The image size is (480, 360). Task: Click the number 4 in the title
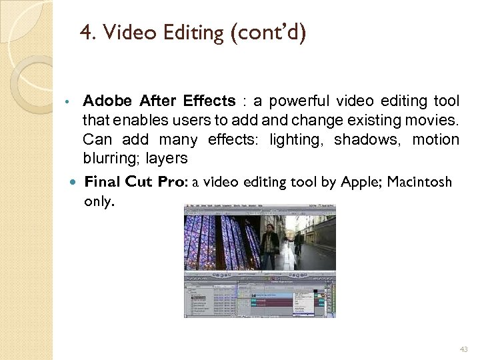coord(85,32)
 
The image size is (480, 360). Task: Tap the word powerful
coord(297,101)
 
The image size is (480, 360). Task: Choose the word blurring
coord(108,159)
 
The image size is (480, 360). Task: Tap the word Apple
coord(361,181)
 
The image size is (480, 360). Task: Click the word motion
coord(435,140)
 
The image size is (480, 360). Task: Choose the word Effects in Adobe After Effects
coord(209,101)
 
